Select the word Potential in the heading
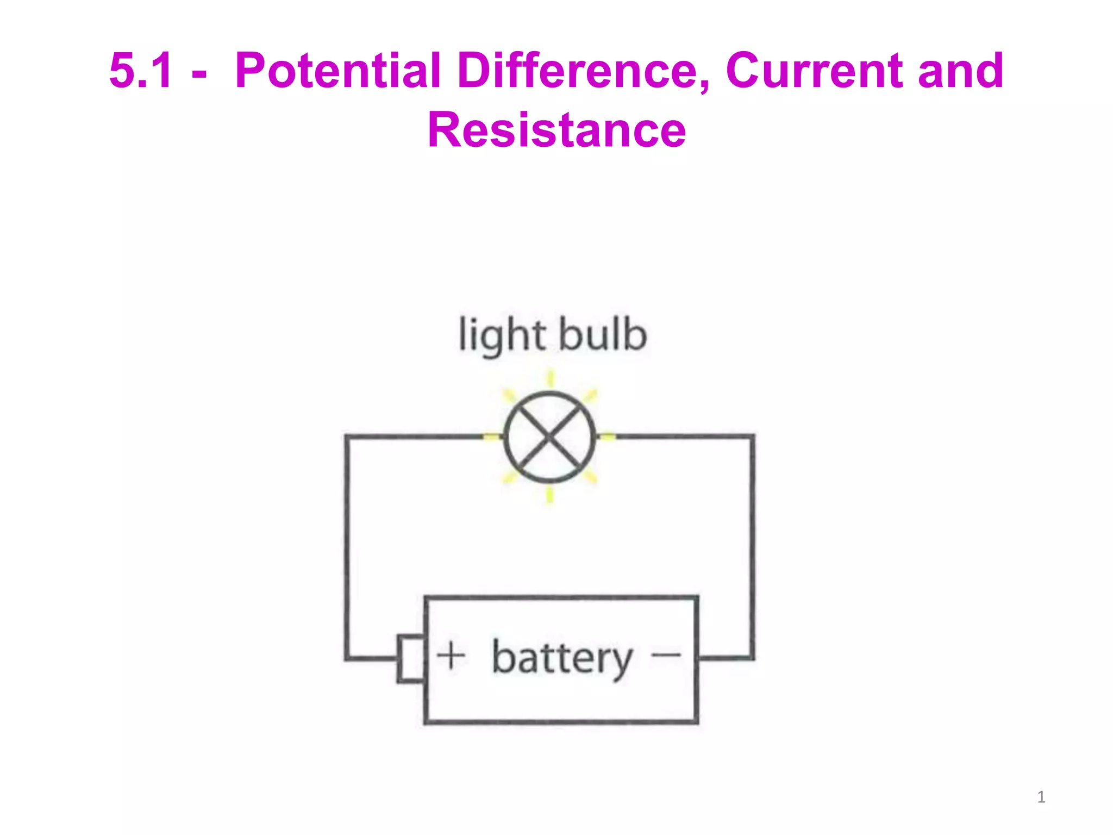337,71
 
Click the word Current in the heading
814,71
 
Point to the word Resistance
556,130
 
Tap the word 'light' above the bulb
502,336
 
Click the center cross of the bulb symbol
549,437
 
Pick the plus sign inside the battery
451,656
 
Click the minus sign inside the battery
666,655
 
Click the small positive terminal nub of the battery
411,658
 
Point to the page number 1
1041,797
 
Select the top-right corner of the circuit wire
752,437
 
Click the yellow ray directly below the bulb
549,495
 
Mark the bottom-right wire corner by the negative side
752,658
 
